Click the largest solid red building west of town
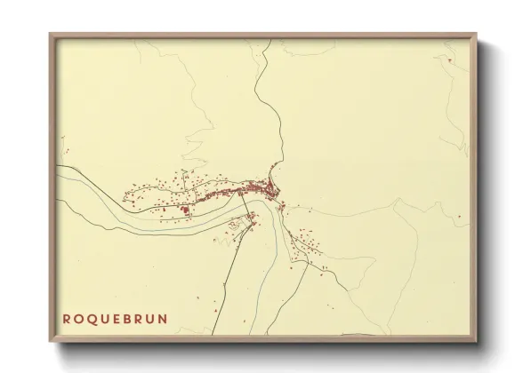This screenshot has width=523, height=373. click(185, 210)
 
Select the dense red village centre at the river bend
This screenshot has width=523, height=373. click(265, 187)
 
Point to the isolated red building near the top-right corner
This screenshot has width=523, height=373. click(450, 60)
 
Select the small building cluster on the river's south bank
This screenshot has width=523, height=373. click(242, 226)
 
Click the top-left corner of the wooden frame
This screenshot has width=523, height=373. click(50, 35)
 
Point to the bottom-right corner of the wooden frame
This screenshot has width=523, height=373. click(477, 342)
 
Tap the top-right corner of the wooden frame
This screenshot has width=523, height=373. click(477, 35)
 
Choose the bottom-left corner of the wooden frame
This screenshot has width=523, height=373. click(50, 342)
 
